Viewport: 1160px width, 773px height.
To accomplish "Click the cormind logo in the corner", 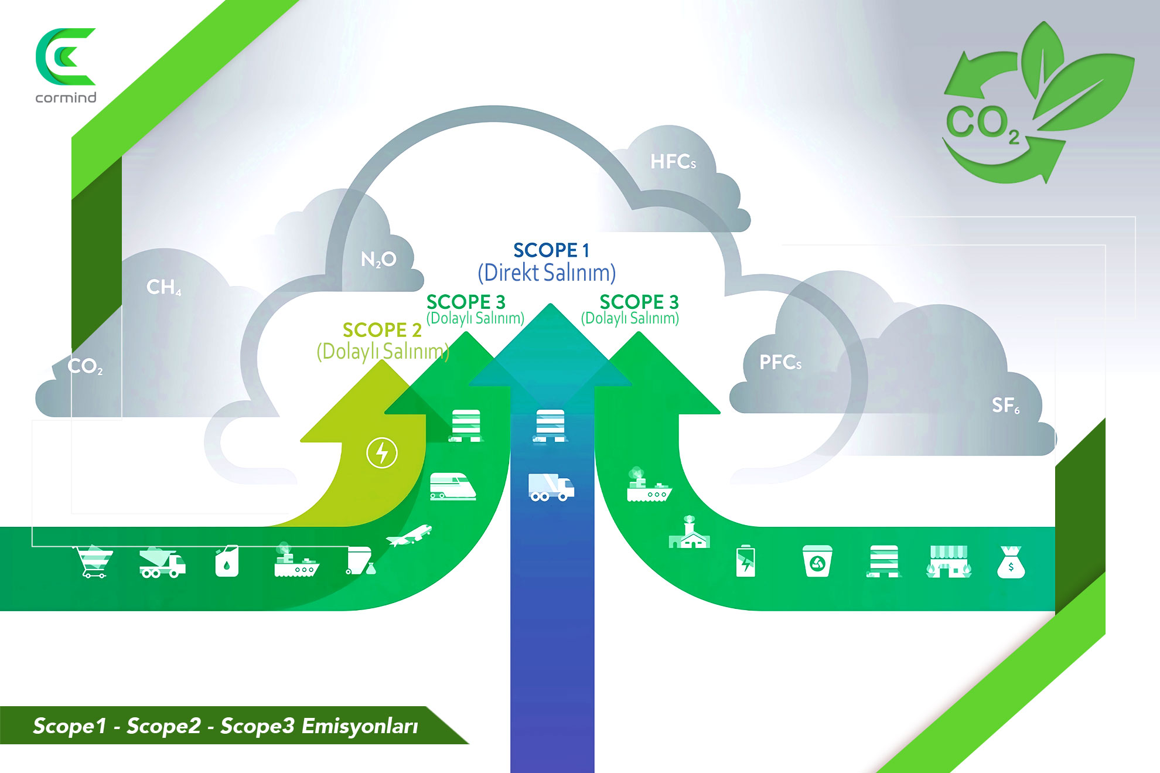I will click(66, 64).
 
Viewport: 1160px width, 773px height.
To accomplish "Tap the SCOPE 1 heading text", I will click(551, 251).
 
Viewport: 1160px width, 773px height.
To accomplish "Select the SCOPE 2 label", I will click(382, 330).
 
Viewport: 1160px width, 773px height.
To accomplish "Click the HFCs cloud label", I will click(673, 162).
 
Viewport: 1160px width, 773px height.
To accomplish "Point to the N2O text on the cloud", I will click(378, 259).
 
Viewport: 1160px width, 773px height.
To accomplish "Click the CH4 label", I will click(163, 287).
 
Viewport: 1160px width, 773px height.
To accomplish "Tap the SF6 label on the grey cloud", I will click(1005, 405).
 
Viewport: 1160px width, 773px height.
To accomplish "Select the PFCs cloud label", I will click(780, 362).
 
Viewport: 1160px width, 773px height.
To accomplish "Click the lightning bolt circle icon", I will click(382, 453).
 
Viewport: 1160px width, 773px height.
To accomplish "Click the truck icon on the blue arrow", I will click(551, 487).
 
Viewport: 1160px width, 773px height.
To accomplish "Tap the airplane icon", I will click(410, 535).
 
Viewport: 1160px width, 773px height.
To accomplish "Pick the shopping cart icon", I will click(93, 562).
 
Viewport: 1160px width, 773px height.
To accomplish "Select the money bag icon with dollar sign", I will click(1011, 563).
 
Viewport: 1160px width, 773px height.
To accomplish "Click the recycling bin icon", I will click(817, 561).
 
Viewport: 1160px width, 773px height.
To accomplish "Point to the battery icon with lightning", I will click(745, 561).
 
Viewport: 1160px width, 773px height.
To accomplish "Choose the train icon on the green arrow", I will click(452, 486).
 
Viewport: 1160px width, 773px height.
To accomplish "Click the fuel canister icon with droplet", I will click(227, 562).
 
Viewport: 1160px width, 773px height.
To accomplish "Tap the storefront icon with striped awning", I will click(949, 562).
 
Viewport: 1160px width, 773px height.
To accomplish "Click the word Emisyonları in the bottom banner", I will click(359, 726).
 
